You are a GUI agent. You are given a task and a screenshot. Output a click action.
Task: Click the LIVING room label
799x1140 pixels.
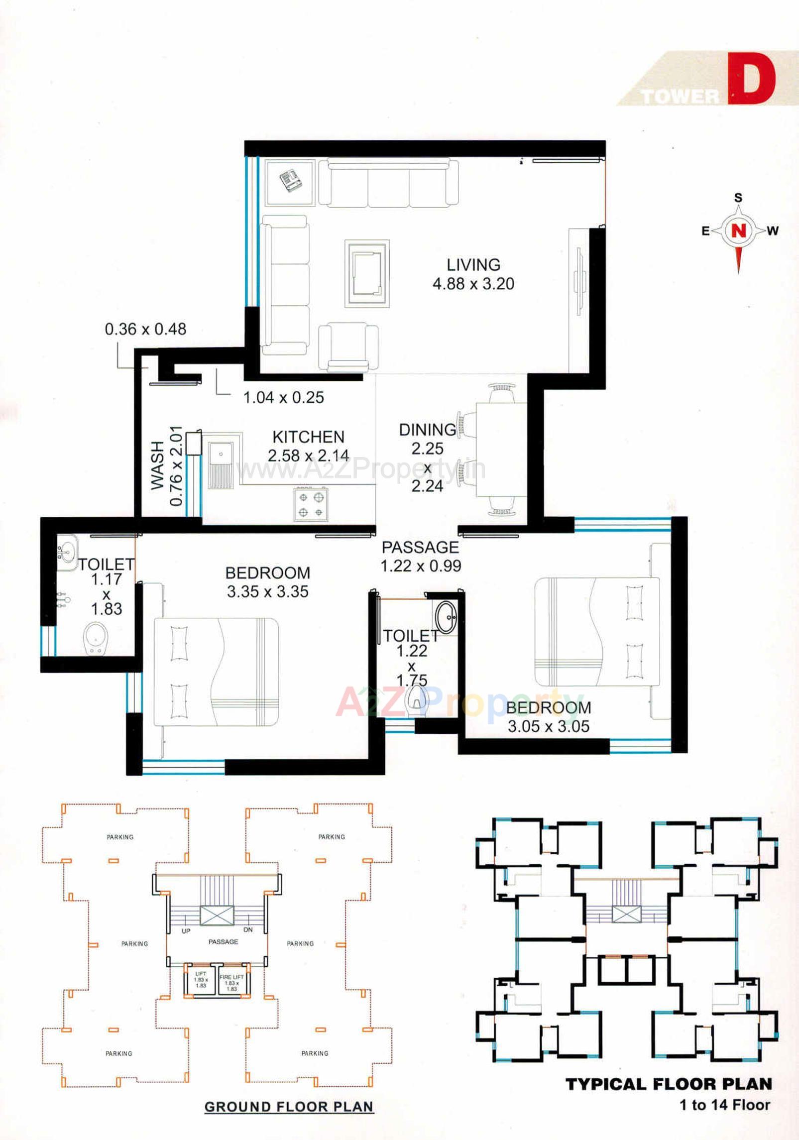point(472,264)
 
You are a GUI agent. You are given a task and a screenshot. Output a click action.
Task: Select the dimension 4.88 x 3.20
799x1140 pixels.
point(473,284)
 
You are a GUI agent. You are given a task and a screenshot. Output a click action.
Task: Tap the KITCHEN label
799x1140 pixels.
point(308,437)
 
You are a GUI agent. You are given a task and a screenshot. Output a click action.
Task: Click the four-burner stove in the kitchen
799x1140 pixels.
point(311,504)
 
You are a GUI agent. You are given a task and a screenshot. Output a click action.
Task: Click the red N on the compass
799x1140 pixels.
point(739,230)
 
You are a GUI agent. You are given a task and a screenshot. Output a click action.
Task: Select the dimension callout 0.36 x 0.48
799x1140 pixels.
point(145,329)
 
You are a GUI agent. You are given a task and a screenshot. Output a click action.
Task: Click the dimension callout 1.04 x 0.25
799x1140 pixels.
point(283,397)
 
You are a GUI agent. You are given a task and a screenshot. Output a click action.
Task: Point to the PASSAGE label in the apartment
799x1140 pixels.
point(420,547)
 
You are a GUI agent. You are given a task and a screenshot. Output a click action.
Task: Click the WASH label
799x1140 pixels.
point(157,465)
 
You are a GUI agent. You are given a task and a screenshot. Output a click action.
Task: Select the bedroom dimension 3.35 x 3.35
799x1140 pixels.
point(267,591)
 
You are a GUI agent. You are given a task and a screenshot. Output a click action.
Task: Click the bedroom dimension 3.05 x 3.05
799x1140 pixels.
point(548,726)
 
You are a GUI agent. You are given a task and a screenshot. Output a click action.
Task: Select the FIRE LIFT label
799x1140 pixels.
point(231,977)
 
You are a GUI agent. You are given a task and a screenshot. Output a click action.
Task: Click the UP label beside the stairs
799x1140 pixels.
point(186,930)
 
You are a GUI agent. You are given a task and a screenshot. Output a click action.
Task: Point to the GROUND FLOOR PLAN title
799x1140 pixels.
point(289,1107)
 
